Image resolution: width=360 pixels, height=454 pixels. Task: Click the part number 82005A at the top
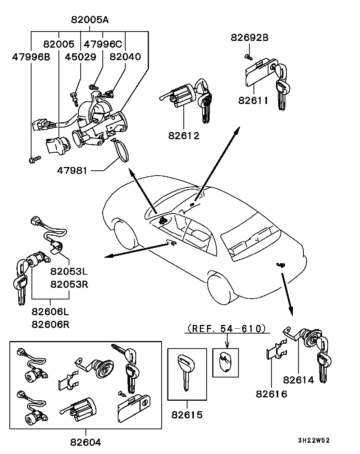tap(90, 20)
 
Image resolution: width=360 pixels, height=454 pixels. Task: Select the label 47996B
tap(31, 57)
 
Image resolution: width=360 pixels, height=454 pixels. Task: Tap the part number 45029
tap(81, 57)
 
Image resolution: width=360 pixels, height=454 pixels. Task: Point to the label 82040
tap(125, 57)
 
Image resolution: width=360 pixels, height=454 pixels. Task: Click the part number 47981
tap(72, 170)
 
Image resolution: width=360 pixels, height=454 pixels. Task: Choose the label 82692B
tap(249, 38)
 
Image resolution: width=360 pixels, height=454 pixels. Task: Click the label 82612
tap(184, 136)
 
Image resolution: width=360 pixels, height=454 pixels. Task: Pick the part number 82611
tap(253, 101)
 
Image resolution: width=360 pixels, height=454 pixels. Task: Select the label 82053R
tap(69, 284)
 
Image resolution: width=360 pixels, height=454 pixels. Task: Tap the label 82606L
tap(50, 311)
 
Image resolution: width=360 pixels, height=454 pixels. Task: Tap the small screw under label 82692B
tap(249, 57)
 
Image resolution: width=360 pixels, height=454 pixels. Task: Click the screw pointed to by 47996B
tap(35, 160)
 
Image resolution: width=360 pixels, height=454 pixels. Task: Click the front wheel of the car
tap(125, 234)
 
